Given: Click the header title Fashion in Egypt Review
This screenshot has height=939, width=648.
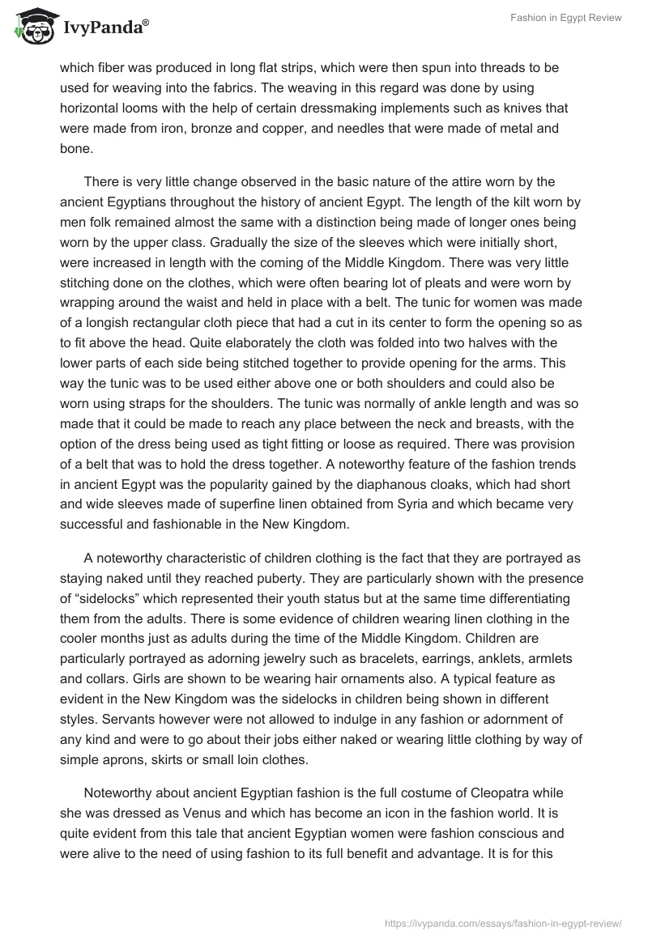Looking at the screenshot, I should coord(565,18).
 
